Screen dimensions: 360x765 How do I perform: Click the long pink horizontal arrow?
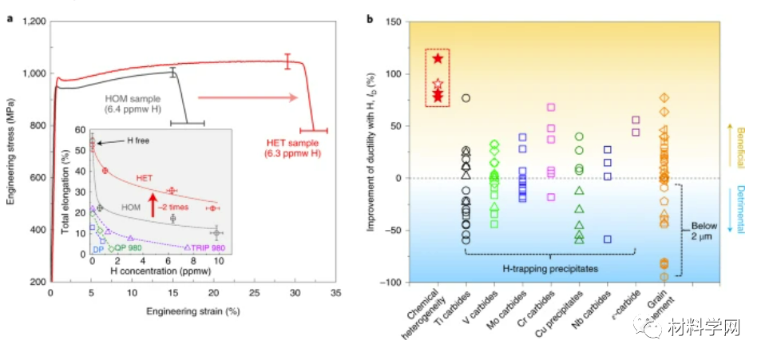pos(248,97)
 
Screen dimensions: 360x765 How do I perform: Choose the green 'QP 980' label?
pos(128,247)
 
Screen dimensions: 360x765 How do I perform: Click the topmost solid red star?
pos(438,58)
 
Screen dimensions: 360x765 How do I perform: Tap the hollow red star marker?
pos(438,83)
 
